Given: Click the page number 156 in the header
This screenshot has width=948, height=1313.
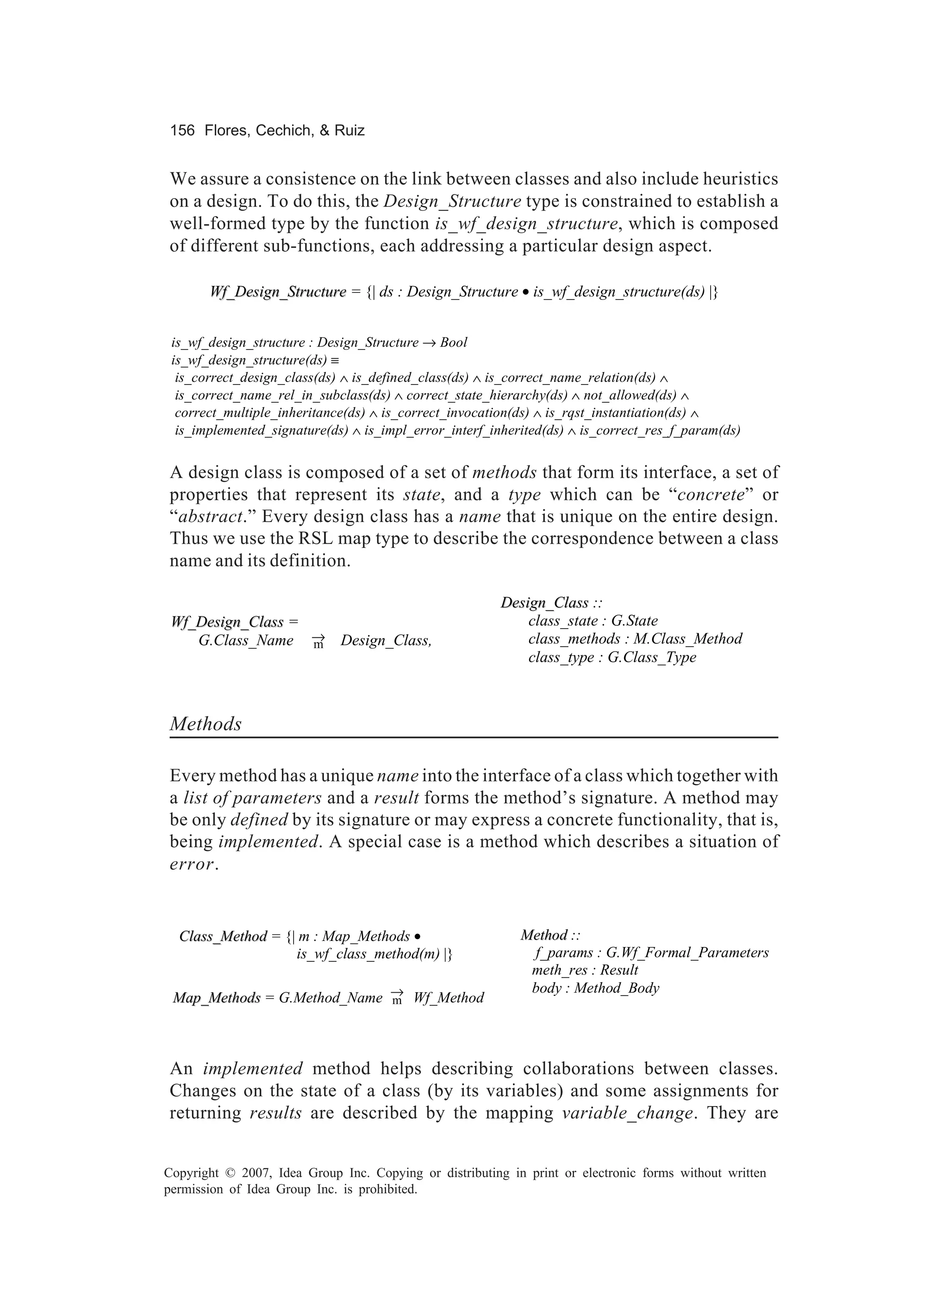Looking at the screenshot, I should click(182, 131).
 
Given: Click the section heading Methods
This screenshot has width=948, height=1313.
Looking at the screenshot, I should click(206, 724).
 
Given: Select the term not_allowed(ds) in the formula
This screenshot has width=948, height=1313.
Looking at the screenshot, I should click(630, 395).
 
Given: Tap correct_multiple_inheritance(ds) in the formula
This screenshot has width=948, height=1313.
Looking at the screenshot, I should click(270, 413).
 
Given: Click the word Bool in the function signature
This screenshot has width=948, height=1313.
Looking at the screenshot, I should click(454, 343).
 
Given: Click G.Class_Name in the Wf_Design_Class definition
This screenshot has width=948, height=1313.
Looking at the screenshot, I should click(246, 641).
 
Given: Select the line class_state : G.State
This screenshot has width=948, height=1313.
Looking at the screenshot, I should click(592, 621).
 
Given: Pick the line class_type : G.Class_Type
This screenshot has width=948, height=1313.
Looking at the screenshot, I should click(611, 658).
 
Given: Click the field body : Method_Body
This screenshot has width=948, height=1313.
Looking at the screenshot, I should click(595, 988).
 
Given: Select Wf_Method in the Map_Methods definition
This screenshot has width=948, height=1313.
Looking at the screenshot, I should click(449, 998).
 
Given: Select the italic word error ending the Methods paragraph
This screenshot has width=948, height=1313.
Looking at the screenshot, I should click(192, 865).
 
